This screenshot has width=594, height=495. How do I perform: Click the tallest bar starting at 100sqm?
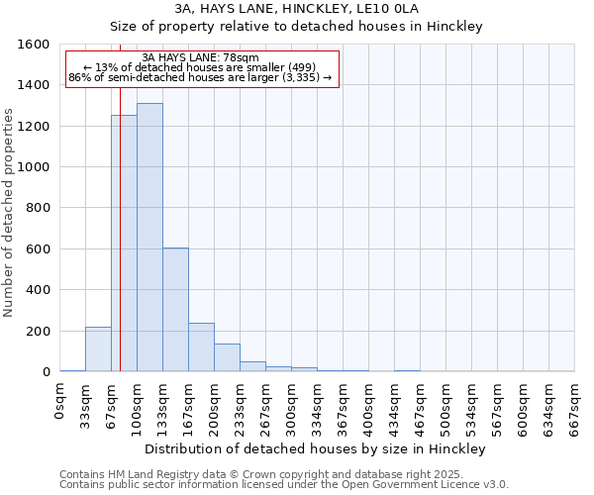149,238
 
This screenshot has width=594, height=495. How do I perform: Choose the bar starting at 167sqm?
201,347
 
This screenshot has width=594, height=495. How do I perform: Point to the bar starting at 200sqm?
227,357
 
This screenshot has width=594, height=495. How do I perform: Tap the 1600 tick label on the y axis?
34,45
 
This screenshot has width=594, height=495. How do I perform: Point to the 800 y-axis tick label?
38,208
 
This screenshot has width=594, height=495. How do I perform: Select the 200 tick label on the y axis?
38,331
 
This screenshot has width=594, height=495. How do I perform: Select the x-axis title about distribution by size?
315,448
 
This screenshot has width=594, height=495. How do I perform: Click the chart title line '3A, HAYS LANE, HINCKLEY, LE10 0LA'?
296,8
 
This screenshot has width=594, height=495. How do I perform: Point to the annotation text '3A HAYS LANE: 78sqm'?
201,57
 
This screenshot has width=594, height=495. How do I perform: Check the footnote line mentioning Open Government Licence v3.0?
284,485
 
